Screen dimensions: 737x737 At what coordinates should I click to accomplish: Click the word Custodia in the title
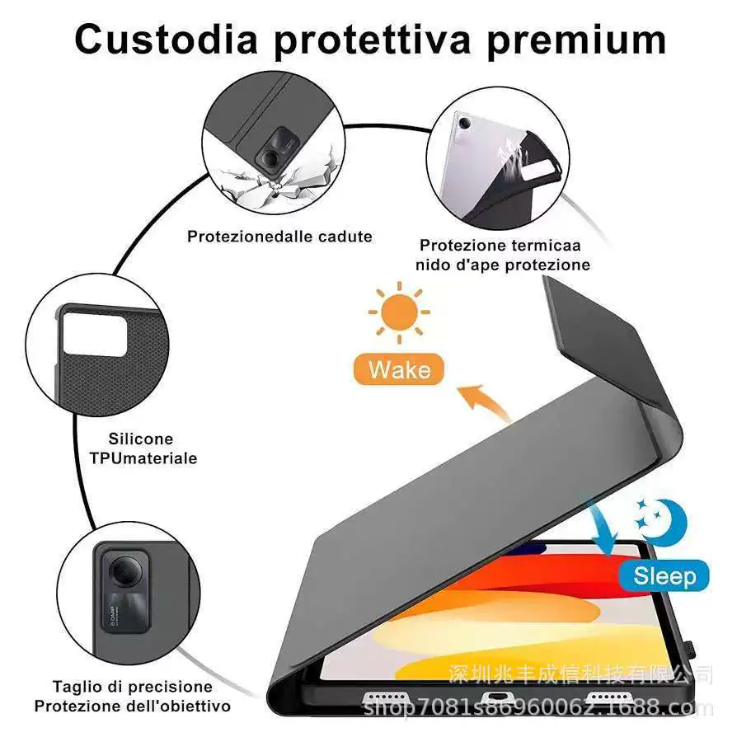point(166,39)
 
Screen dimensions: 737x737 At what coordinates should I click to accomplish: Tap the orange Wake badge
point(398,369)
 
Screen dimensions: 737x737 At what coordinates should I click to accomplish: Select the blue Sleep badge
point(664,575)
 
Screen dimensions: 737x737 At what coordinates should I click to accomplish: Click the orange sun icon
point(399,312)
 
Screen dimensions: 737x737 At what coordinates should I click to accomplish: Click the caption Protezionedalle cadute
point(279,237)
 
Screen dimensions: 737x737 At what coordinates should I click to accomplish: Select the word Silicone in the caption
point(141,439)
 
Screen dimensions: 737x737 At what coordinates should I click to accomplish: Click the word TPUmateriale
point(143,458)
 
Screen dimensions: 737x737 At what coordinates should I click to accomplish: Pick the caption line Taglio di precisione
point(133,687)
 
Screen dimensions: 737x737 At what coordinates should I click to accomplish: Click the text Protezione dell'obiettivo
point(133,706)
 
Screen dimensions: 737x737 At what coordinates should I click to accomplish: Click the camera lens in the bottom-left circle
point(124,570)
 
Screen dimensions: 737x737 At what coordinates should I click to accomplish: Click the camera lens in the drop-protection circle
point(270,157)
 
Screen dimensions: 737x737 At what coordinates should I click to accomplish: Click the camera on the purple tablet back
point(464,124)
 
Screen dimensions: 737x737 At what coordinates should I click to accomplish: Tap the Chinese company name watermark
point(580,674)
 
